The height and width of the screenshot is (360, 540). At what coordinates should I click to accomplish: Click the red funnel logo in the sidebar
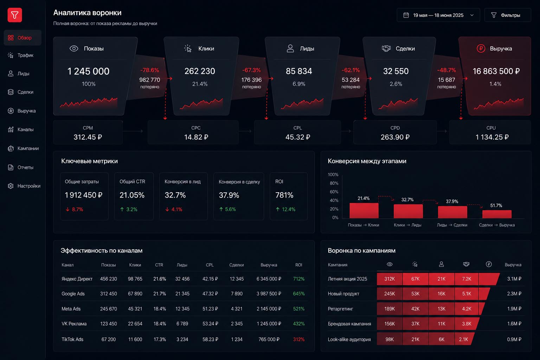(x=15, y=15)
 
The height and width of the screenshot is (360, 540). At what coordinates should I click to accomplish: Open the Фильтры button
(x=507, y=15)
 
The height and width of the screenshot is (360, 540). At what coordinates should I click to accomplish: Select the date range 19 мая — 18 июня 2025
(x=438, y=15)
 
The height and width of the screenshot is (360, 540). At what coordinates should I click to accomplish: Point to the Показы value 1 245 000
(x=88, y=71)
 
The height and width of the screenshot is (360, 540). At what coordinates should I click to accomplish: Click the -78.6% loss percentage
(x=150, y=70)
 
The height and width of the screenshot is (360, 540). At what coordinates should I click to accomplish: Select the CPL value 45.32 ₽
(x=298, y=137)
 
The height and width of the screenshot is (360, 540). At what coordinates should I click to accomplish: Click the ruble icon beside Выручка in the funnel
(x=481, y=49)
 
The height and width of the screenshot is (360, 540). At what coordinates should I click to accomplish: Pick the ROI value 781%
(x=284, y=195)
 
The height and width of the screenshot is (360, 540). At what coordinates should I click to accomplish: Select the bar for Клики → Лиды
(x=408, y=211)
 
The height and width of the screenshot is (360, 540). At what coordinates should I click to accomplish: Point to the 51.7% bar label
(x=496, y=205)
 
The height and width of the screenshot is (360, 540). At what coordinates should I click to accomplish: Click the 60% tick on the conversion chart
(x=334, y=192)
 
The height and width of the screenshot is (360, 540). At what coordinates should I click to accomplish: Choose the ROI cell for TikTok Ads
(x=299, y=339)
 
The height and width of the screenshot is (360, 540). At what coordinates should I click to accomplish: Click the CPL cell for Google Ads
(x=210, y=294)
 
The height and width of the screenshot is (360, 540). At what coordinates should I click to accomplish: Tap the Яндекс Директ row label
(x=77, y=279)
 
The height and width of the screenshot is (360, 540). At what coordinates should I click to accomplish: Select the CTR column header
(x=159, y=265)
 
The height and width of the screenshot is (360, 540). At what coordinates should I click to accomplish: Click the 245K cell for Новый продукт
(x=390, y=294)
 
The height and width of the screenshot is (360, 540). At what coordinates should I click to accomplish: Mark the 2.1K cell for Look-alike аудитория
(x=464, y=339)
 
